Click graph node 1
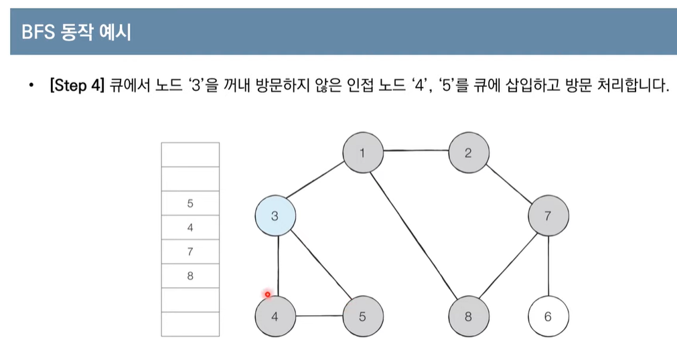(x=362, y=153)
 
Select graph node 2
(x=468, y=153)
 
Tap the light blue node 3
(x=275, y=216)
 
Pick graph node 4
(x=275, y=317)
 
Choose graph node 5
(x=362, y=317)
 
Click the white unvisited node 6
(x=548, y=317)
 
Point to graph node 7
(x=548, y=216)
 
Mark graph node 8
(x=468, y=317)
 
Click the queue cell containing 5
(x=190, y=203)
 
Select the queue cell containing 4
(x=190, y=228)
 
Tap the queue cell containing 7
(x=190, y=252)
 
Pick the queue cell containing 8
(x=190, y=276)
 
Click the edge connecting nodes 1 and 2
(x=415, y=151)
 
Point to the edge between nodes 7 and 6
(x=548, y=266)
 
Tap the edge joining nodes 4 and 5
(x=318, y=316)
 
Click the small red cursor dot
(x=267, y=294)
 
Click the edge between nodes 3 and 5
(x=319, y=266)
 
